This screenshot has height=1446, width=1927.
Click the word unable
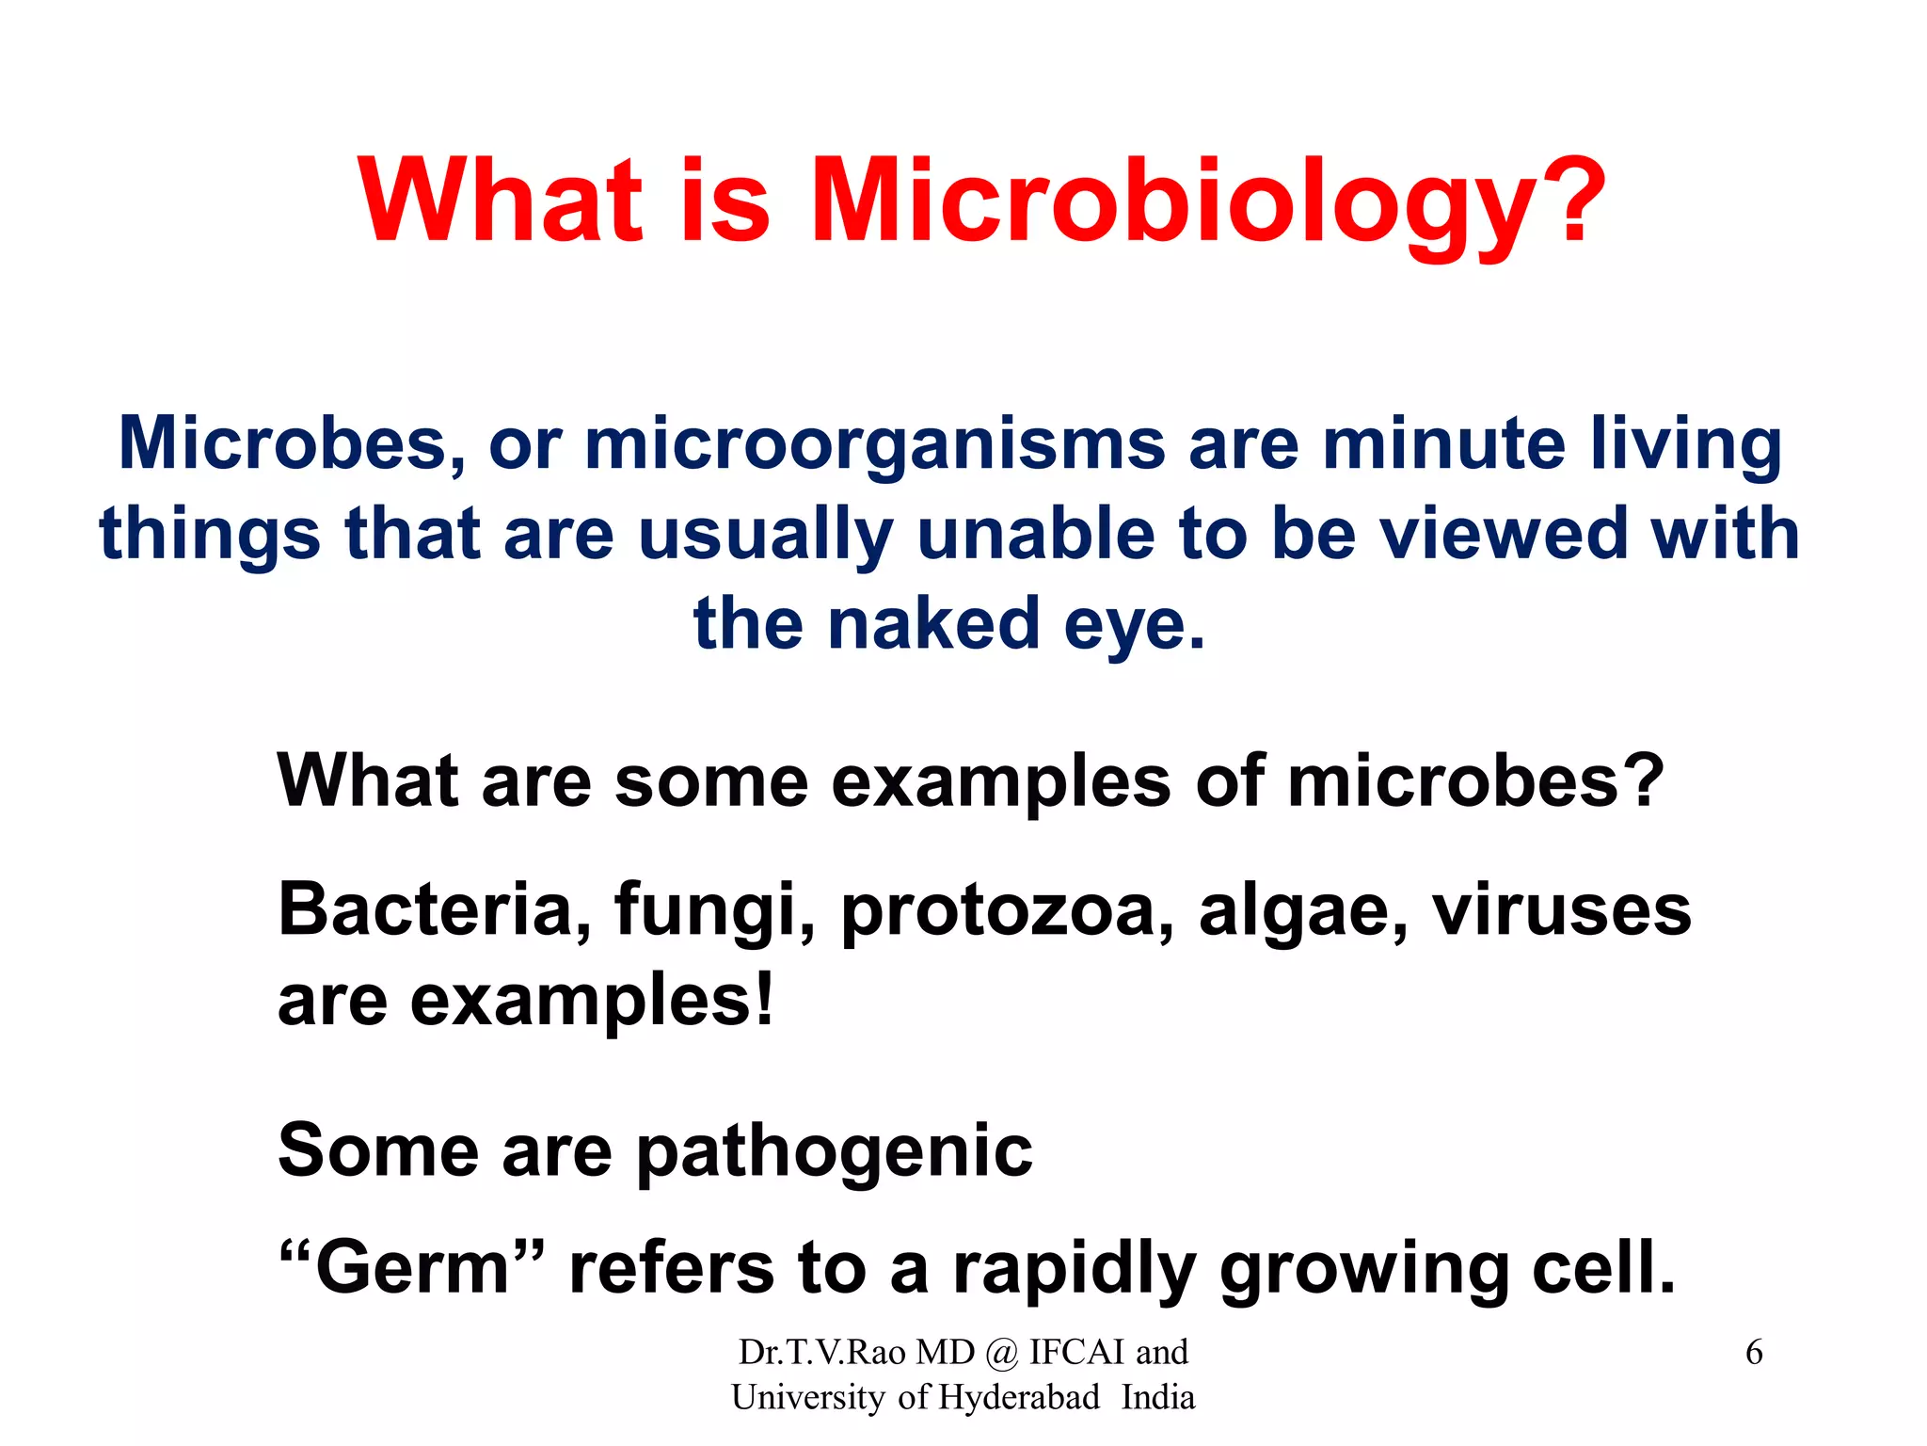1036,533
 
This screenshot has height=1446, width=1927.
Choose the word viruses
1561,909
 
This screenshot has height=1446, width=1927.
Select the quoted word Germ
412,1267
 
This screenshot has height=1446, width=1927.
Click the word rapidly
1074,1269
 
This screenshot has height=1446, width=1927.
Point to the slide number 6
1754,1353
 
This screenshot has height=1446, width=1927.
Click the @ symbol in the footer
1002,1353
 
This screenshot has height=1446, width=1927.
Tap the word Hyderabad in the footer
1019,1397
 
